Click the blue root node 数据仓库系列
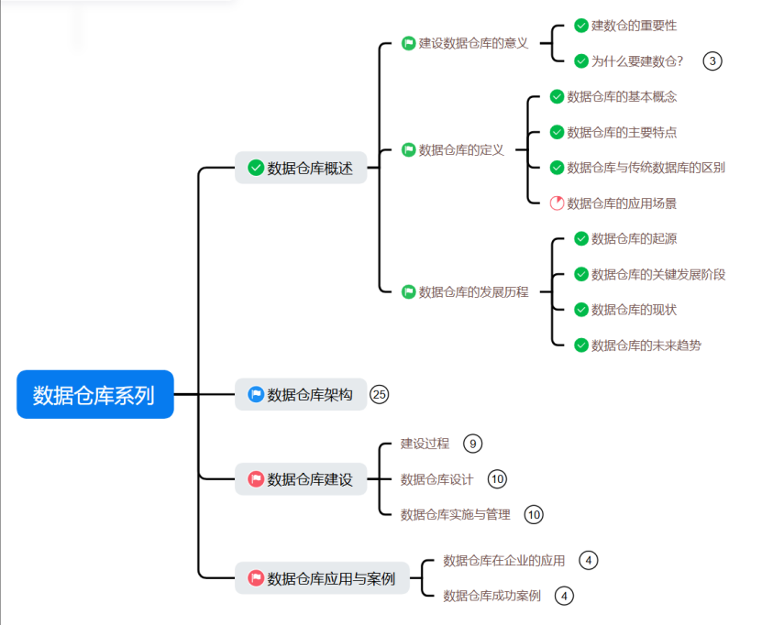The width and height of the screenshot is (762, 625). (94, 395)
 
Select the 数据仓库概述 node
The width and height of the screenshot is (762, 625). (301, 168)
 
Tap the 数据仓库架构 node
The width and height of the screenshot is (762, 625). (301, 395)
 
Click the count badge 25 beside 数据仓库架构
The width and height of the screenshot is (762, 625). (380, 395)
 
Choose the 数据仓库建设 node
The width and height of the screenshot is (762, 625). (301, 479)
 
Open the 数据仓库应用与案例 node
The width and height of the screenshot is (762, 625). (321, 578)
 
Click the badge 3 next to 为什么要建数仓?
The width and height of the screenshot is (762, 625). (712, 61)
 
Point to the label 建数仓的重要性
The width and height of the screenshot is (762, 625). (634, 26)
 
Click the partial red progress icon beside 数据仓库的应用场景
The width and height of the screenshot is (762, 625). (557, 203)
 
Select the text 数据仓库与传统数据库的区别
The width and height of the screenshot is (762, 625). (646, 168)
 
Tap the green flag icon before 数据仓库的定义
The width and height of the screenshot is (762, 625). (409, 150)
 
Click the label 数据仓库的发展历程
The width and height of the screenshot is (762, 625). (473, 292)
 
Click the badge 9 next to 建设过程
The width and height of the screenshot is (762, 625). (472, 444)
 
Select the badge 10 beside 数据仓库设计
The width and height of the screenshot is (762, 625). (497, 479)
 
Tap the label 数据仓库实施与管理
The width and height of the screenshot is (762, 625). (455, 515)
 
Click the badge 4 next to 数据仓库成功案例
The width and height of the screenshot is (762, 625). (565, 596)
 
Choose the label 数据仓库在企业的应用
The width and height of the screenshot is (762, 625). (503, 561)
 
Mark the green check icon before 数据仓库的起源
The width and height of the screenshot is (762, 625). (581, 239)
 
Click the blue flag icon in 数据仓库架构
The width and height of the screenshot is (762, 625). (256, 395)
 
